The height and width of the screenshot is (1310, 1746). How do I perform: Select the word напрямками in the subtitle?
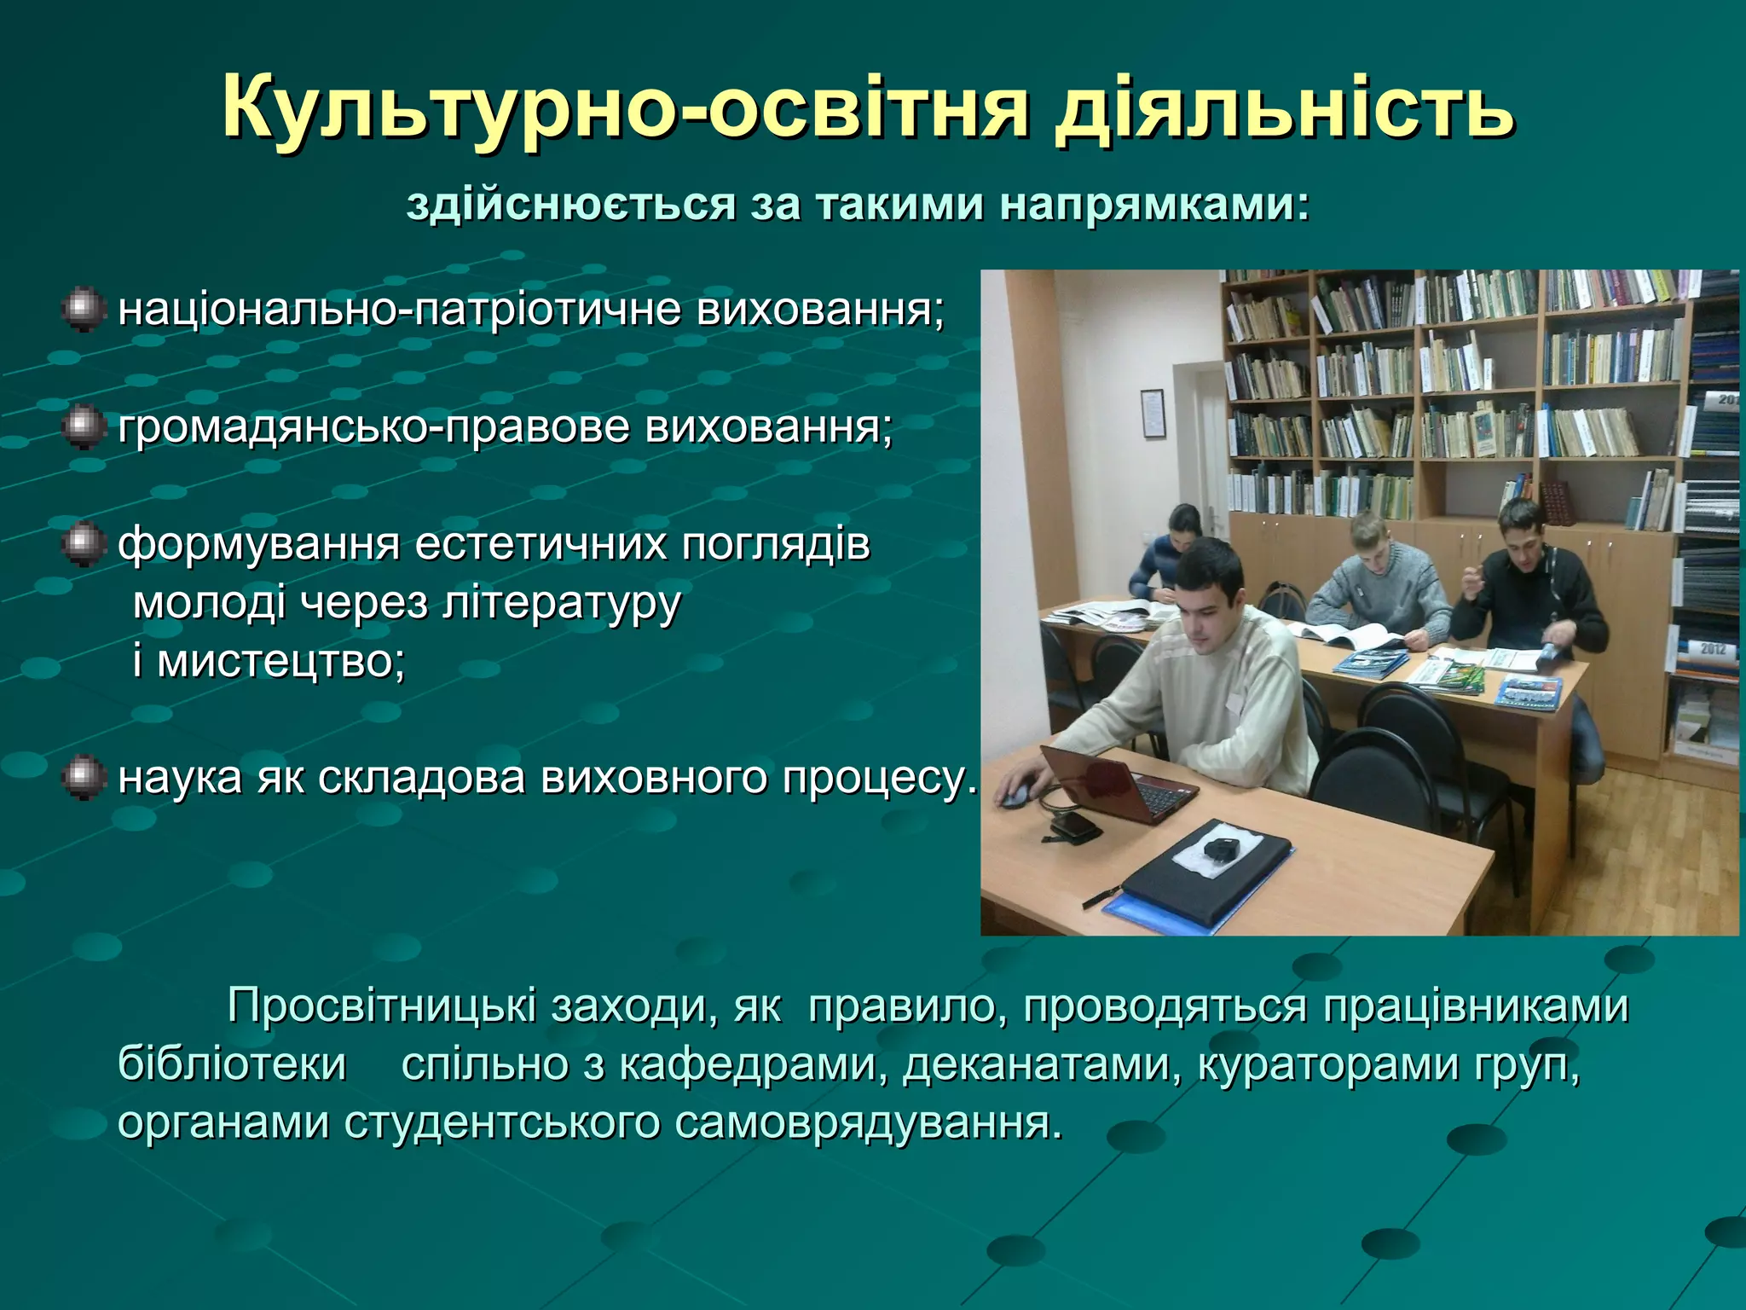pos(1153,206)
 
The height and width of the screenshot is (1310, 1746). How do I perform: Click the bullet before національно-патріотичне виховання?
pos(84,309)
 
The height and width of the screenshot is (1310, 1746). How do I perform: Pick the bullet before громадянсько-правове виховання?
pos(84,426)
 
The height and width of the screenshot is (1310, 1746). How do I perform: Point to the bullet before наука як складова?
pos(84,778)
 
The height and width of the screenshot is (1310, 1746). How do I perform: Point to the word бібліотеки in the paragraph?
pos(232,1064)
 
